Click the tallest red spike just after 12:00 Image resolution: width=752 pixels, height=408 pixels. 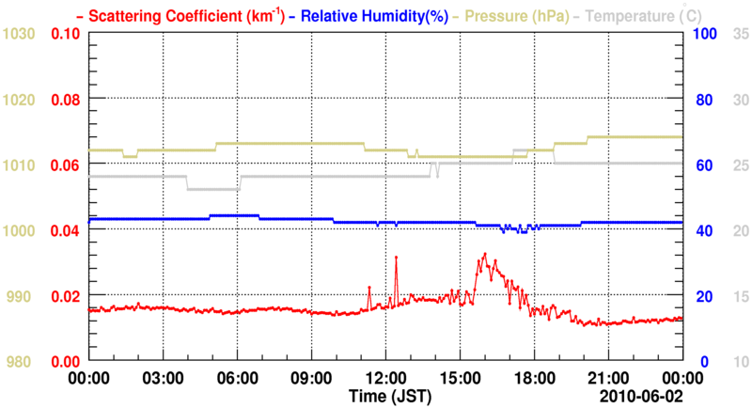[397, 257]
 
